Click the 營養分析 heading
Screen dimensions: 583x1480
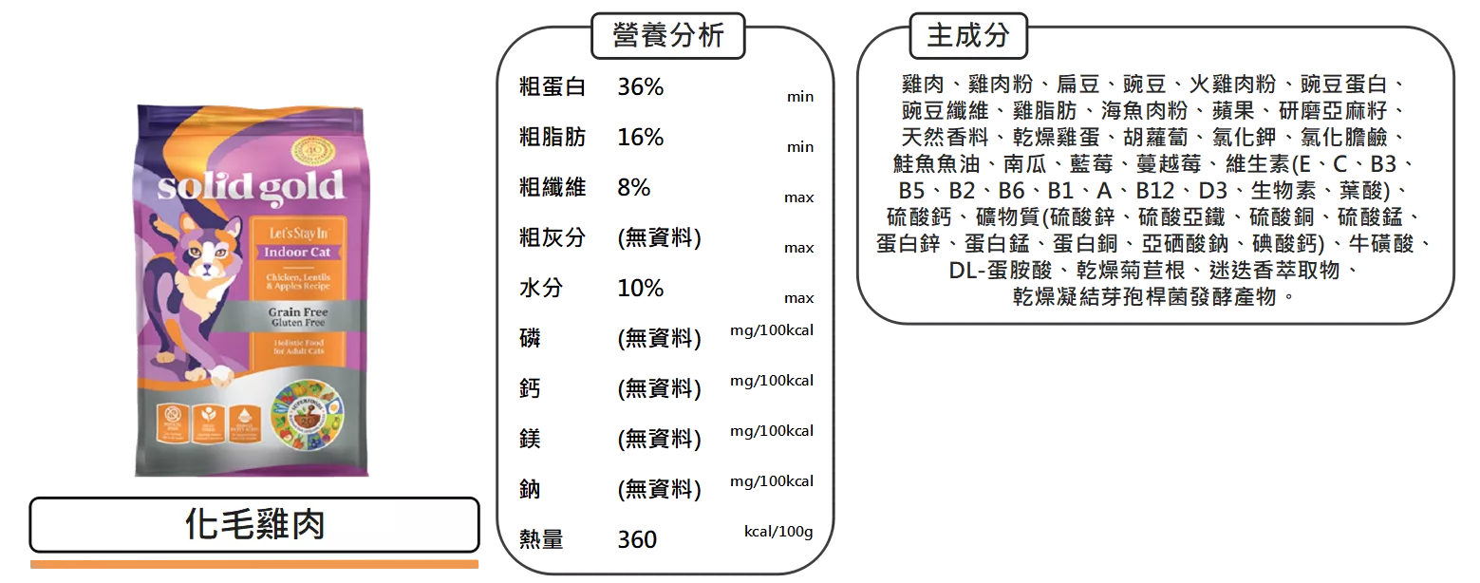tap(667, 37)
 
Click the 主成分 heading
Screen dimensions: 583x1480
tap(968, 37)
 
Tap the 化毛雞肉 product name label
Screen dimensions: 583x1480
tap(254, 524)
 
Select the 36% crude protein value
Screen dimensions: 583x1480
tap(641, 88)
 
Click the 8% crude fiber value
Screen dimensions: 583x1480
tap(633, 188)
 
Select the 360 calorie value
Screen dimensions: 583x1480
tap(637, 540)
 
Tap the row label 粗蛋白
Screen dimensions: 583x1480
tap(552, 88)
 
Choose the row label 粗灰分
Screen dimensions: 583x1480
tap(552, 237)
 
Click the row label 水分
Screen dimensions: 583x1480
tap(540, 289)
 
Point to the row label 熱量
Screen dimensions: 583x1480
tap(540, 540)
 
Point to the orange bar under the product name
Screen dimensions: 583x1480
tap(256, 563)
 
